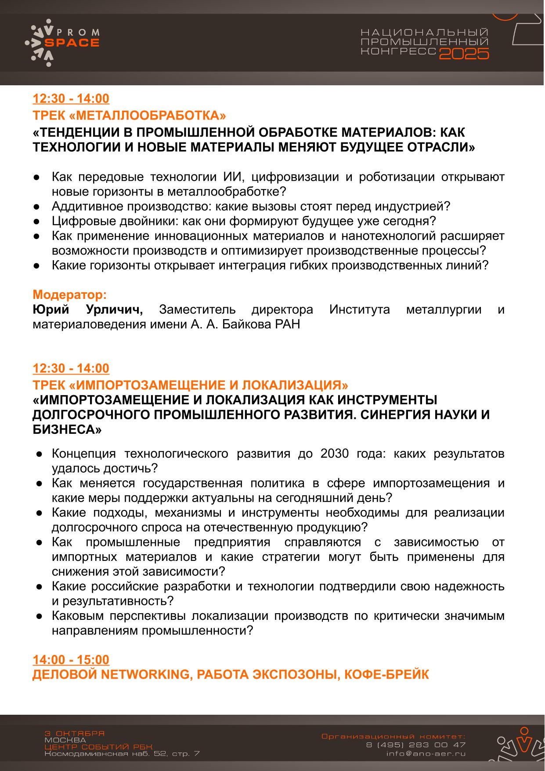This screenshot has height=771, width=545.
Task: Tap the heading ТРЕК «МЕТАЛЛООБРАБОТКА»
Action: pyautogui.click(x=130, y=116)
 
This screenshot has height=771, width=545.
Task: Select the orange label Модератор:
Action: pyautogui.click(x=70, y=295)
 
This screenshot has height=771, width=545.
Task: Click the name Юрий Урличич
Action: pyautogui.click(x=88, y=310)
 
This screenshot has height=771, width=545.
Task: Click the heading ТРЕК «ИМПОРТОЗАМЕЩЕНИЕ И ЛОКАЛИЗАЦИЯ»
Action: pyautogui.click(x=191, y=385)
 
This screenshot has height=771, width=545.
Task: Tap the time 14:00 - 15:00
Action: pyautogui.click(x=71, y=660)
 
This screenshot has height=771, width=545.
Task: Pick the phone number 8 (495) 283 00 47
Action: pyautogui.click(x=415, y=745)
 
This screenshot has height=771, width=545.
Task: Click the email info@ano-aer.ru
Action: pyautogui.click(x=426, y=753)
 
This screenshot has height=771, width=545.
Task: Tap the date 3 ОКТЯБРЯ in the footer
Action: pyautogui.click(x=75, y=733)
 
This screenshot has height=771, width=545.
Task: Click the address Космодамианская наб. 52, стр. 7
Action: pyautogui.click(x=122, y=754)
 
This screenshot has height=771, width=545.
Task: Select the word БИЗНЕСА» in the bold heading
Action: pyautogui.click(x=67, y=430)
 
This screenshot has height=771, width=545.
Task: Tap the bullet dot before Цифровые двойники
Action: pyautogui.click(x=38, y=221)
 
